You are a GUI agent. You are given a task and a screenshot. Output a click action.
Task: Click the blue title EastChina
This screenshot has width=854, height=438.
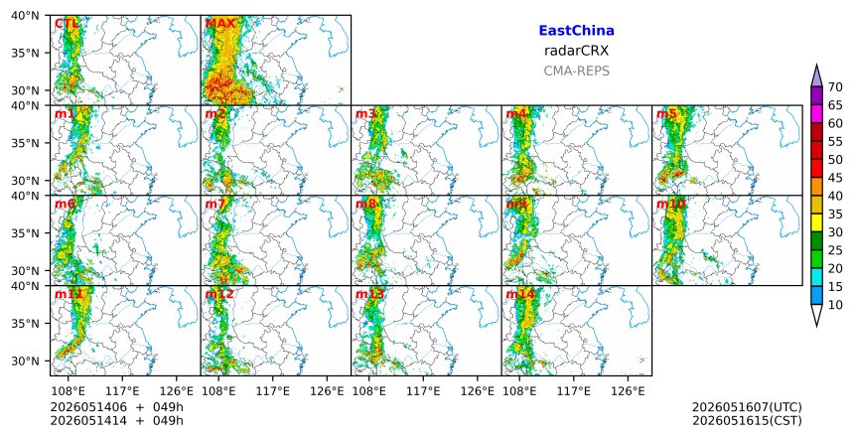tap(576, 31)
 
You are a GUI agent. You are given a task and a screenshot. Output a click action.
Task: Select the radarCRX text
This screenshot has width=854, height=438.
tap(576, 52)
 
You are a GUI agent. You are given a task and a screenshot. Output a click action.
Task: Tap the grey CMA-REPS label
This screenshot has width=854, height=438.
tap(576, 71)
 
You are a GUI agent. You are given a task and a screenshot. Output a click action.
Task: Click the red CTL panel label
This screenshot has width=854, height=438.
tap(66, 24)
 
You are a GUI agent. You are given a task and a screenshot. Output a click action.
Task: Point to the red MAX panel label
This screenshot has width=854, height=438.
tap(219, 24)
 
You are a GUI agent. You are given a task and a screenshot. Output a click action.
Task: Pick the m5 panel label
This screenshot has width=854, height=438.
tap(666, 114)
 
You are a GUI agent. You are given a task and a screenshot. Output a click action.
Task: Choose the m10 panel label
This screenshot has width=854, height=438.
tap(670, 204)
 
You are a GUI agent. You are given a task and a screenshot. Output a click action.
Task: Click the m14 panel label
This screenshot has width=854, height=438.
tap(519, 294)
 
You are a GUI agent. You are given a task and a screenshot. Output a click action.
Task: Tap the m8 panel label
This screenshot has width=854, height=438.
tap(365, 204)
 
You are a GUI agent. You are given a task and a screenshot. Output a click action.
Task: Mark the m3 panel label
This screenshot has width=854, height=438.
tap(365, 114)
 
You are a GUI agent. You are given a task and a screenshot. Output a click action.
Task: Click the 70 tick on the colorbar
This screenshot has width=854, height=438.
tap(835, 87)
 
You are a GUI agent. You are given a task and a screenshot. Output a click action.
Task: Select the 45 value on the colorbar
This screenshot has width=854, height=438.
tap(835, 178)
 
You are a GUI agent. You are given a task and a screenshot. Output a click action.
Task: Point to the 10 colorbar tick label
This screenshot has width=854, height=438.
tap(835, 305)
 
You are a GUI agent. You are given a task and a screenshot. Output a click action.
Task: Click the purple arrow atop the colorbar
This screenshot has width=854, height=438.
tap(816, 76)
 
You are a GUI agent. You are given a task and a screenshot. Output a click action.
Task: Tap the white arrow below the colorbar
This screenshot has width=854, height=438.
tap(816, 314)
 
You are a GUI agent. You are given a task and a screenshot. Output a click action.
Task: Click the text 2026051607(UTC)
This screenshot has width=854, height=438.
tap(747, 407)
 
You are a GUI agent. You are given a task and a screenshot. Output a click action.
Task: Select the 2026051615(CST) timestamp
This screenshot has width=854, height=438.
tap(747, 421)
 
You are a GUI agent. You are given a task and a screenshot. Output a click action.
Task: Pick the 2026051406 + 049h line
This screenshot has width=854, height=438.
tap(116, 407)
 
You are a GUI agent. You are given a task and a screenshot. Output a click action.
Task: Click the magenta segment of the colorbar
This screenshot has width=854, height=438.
tap(816, 114)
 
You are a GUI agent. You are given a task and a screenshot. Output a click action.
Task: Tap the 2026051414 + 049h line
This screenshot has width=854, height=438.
tap(116, 420)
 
